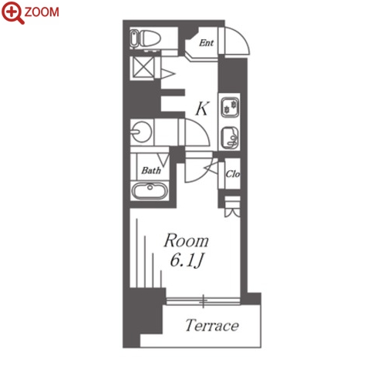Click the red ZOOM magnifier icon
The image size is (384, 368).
click(12, 13)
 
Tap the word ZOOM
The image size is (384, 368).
click(42, 12)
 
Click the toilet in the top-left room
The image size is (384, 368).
click(146, 38)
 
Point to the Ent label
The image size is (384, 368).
click(206, 42)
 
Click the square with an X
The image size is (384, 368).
click(143, 67)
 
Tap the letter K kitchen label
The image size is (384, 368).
click(202, 109)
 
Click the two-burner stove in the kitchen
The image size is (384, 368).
click(230, 107)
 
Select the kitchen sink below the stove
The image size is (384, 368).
click(230, 138)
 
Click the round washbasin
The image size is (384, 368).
click(141, 132)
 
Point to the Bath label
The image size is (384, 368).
click(151, 170)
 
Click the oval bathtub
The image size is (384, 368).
click(150, 191)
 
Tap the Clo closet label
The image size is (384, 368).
click(232, 174)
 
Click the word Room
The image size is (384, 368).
click(187, 240)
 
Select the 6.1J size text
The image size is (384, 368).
click(187, 261)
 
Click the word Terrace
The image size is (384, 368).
click(212, 326)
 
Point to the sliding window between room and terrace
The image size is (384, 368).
click(203, 301)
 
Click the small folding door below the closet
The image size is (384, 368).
click(232, 207)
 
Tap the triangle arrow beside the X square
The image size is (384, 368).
click(167, 74)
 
